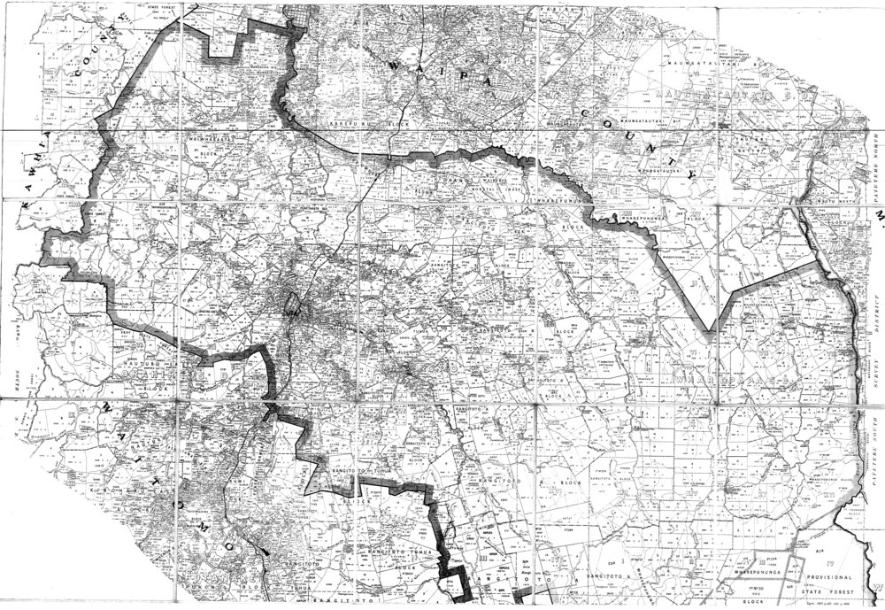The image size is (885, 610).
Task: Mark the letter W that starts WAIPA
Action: click(x=394, y=66)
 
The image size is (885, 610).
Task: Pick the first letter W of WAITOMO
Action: click(x=107, y=409)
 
